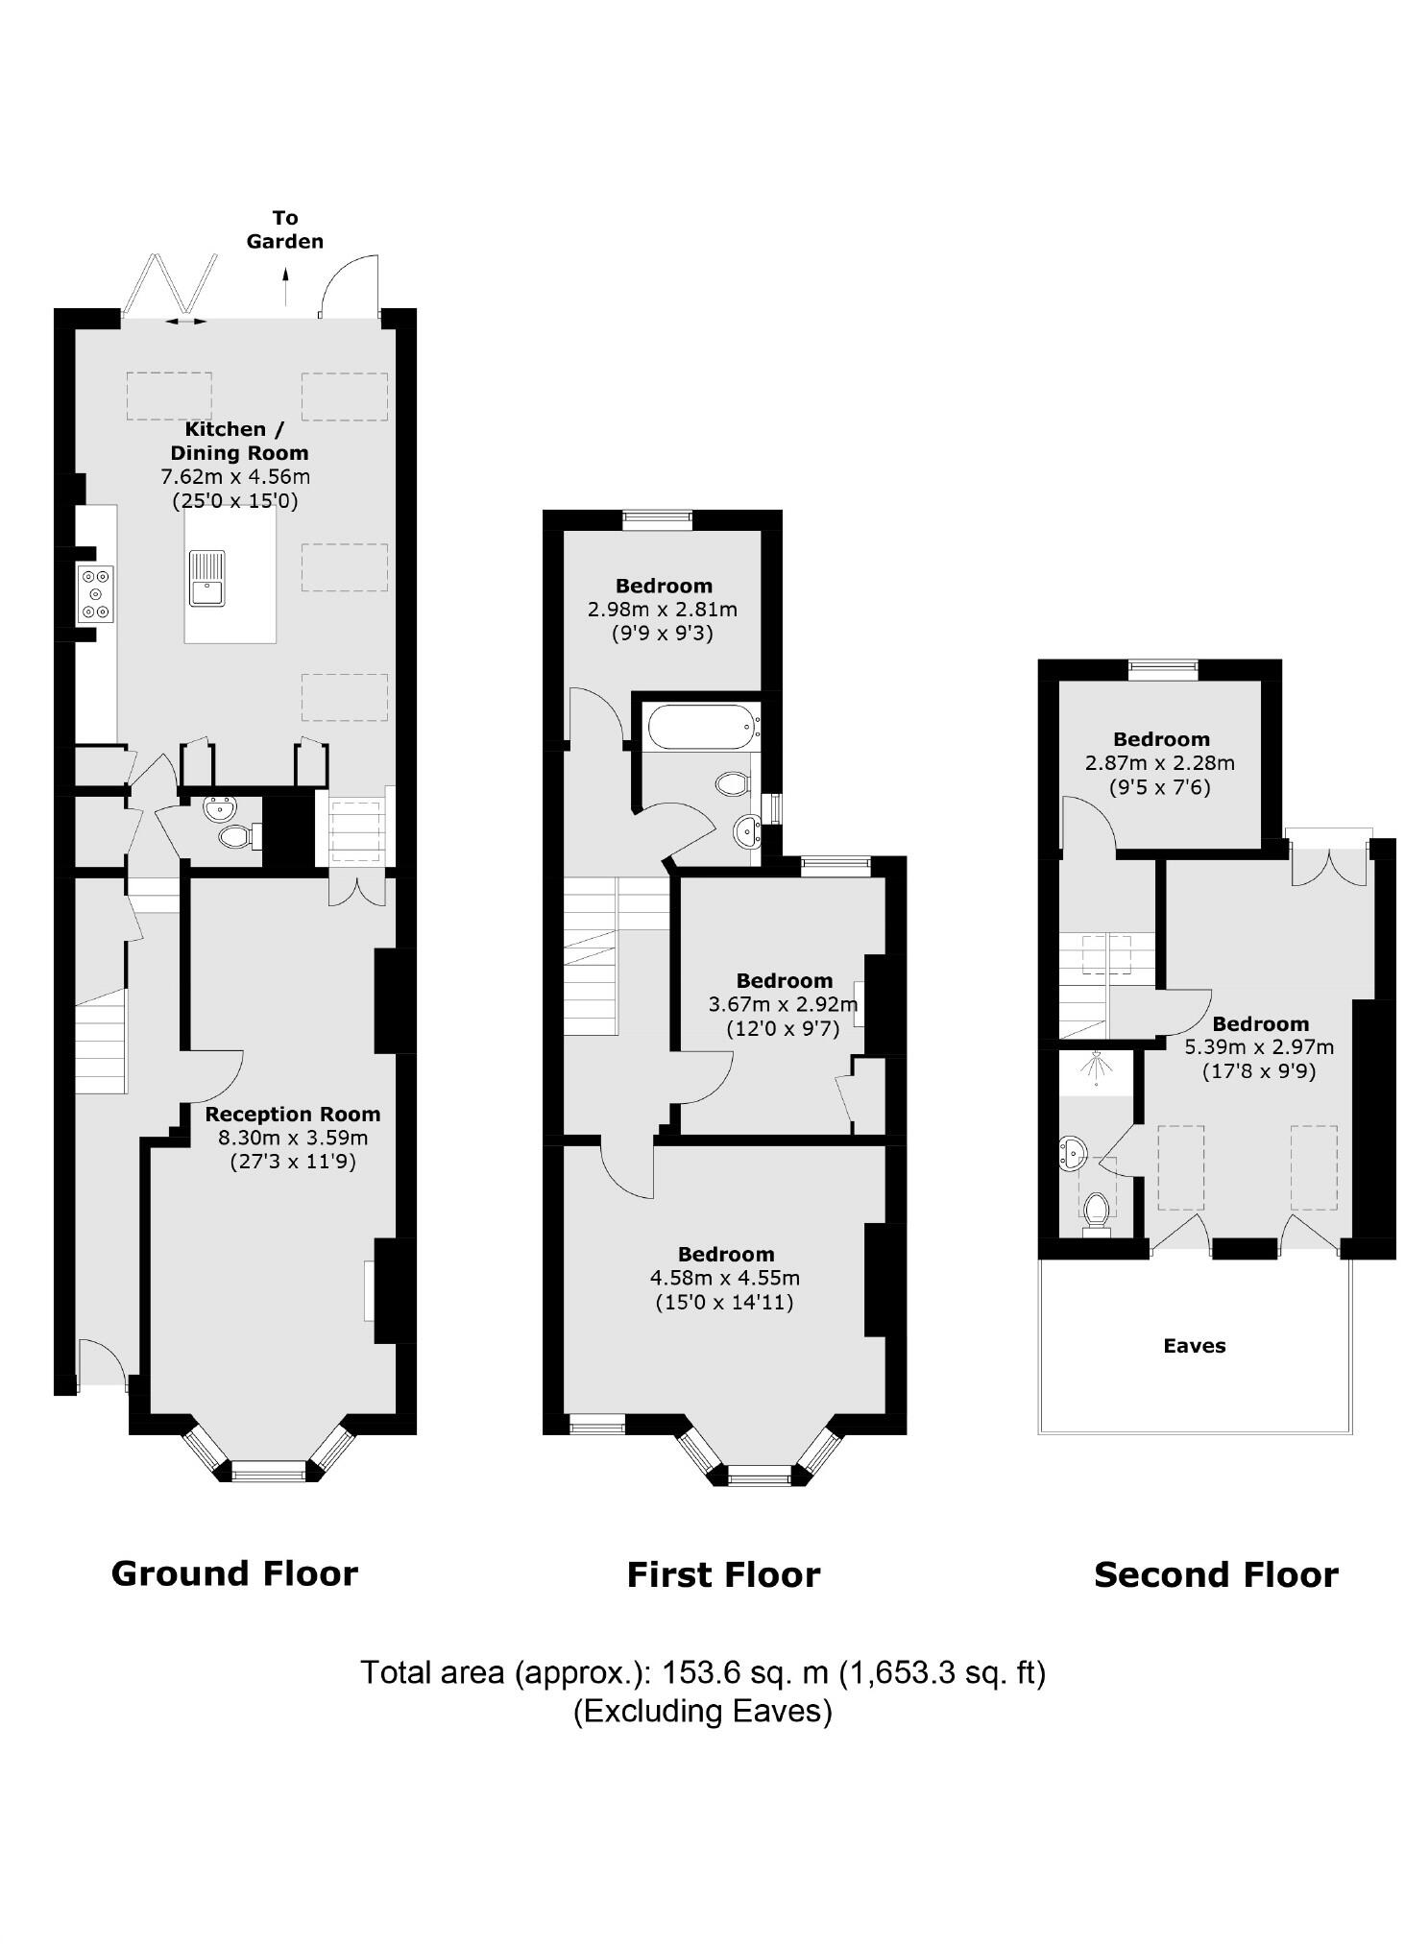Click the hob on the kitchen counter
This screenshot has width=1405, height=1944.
pos(96,594)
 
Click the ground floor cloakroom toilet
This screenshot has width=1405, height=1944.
pos(234,837)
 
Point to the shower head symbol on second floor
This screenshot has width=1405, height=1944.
pos(1096,1068)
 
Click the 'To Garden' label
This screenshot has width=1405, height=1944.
pos(284,229)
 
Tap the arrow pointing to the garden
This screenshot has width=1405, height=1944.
pos(284,286)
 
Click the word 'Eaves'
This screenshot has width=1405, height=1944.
pos(1194,1345)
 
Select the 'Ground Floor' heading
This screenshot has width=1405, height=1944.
pos(234,1573)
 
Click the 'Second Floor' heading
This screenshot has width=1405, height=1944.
pos(1215,1574)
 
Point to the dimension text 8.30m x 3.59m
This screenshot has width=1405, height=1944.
pos(292,1138)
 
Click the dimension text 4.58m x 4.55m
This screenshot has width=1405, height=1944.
pos(725,1278)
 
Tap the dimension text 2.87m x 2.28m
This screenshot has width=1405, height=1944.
pos(1159,763)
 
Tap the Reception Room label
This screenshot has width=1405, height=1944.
pos(292,1114)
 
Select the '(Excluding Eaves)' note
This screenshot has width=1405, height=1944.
pos(702,1710)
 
